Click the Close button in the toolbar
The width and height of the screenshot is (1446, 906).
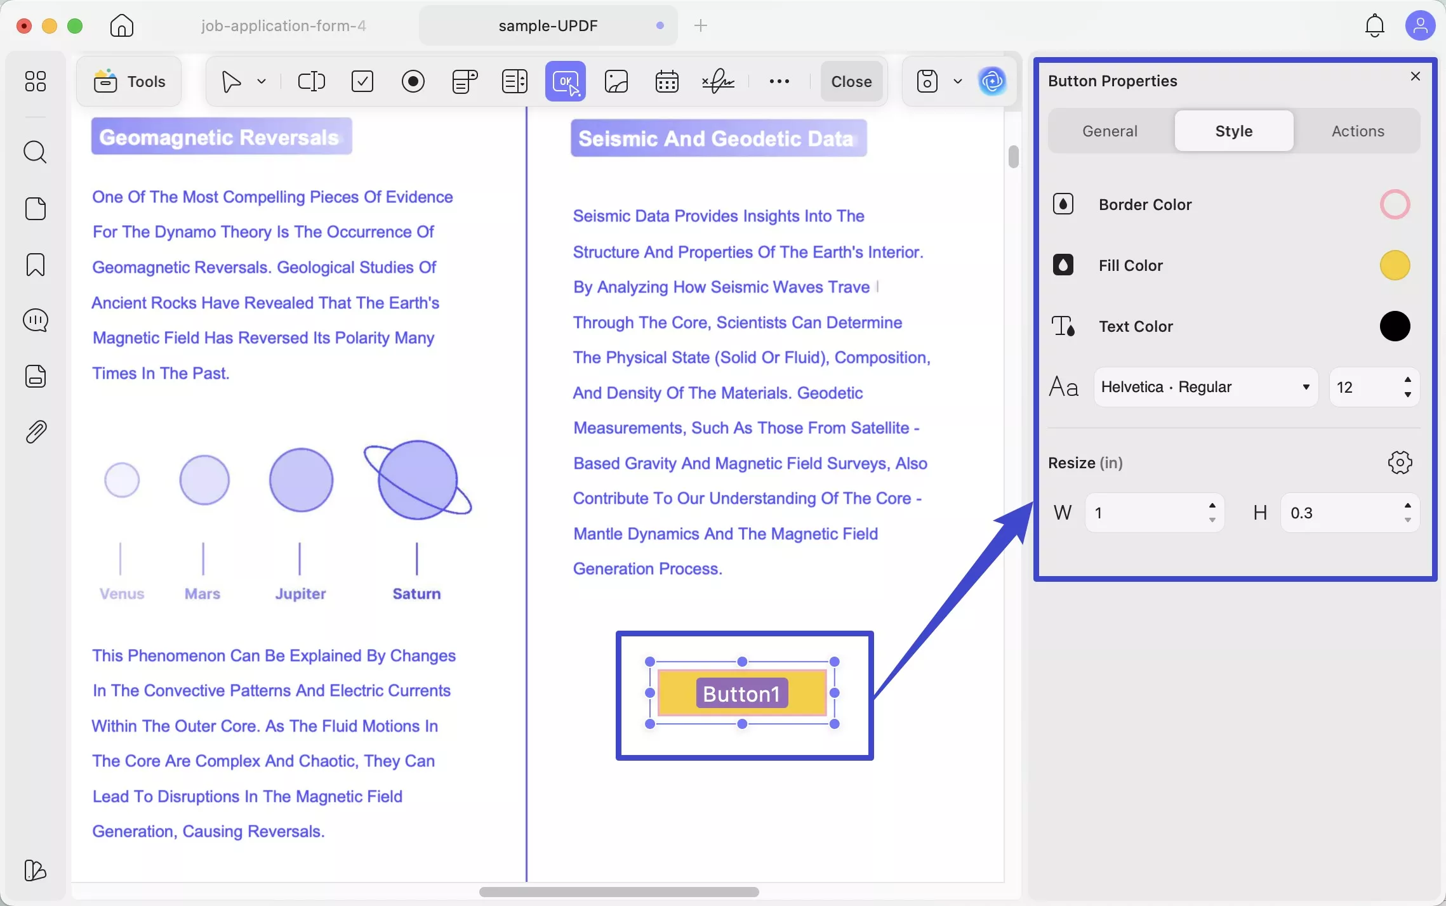click(x=851, y=81)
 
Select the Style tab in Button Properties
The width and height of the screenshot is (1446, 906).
click(x=1233, y=131)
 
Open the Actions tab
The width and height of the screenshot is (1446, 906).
click(x=1357, y=131)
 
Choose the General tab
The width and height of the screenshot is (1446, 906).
click(x=1109, y=131)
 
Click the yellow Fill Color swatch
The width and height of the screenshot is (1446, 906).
click(x=1394, y=265)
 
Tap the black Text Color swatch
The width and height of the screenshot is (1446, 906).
click(x=1394, y=326)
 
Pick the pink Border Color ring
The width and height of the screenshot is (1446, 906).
click(x=1394, y=204)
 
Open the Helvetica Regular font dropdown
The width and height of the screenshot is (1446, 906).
click(x=1205, y=387)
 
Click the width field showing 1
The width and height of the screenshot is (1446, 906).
click(x=1143, y=513)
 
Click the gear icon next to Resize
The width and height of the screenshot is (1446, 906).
click(x=1400, y=463)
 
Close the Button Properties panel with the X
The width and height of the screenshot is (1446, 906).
click(x=1415, y=77)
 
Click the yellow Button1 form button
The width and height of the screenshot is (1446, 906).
click(x=741, y=693)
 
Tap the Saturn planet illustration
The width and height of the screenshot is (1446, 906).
click(x=417, y=480)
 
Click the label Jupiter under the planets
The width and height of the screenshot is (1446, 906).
click(x=300, y=594)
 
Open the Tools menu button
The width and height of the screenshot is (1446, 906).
click(x=129, y=81)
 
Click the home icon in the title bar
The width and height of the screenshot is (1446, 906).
click(x=122, y=26)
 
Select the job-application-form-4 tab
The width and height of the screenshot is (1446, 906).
click(x=283, y=26)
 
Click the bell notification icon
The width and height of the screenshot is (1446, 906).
click(x=1374, y=26)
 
